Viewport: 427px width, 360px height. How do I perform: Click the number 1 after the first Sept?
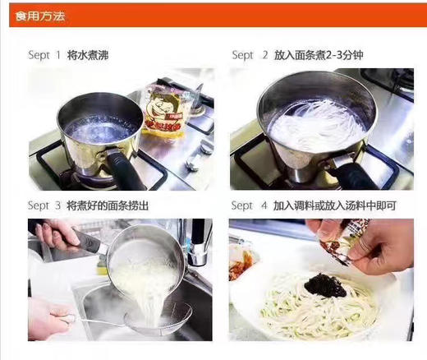point(57,55)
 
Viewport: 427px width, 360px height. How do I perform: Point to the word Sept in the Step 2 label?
point(242,55)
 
